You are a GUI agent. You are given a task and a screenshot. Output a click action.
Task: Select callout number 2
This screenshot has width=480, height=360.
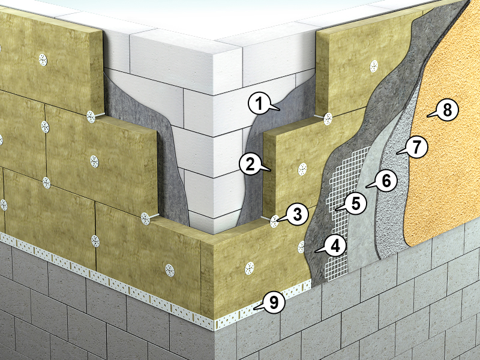[250, 164]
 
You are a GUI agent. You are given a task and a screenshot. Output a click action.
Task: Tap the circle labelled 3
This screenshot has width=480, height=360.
[297, 214]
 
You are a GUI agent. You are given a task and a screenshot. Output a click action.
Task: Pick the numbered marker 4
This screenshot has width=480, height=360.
[335, 245]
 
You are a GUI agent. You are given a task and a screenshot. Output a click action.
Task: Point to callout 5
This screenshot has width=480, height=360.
[355, 203]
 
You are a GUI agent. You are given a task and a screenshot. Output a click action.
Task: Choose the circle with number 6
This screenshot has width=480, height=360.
[386, 181]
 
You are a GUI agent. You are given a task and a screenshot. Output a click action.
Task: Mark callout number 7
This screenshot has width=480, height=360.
[416, 147]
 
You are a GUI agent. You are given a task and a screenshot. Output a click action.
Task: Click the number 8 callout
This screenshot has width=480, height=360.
[447, 110]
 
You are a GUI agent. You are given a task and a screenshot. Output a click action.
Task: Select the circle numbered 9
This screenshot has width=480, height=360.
[274, 302]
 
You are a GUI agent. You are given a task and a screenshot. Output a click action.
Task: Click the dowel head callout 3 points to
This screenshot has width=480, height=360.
[274, 221]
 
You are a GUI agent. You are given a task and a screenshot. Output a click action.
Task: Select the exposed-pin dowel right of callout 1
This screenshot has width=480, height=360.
[328, 118]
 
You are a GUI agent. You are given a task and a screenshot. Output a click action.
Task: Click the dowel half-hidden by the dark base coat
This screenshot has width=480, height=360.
[301, 247]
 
